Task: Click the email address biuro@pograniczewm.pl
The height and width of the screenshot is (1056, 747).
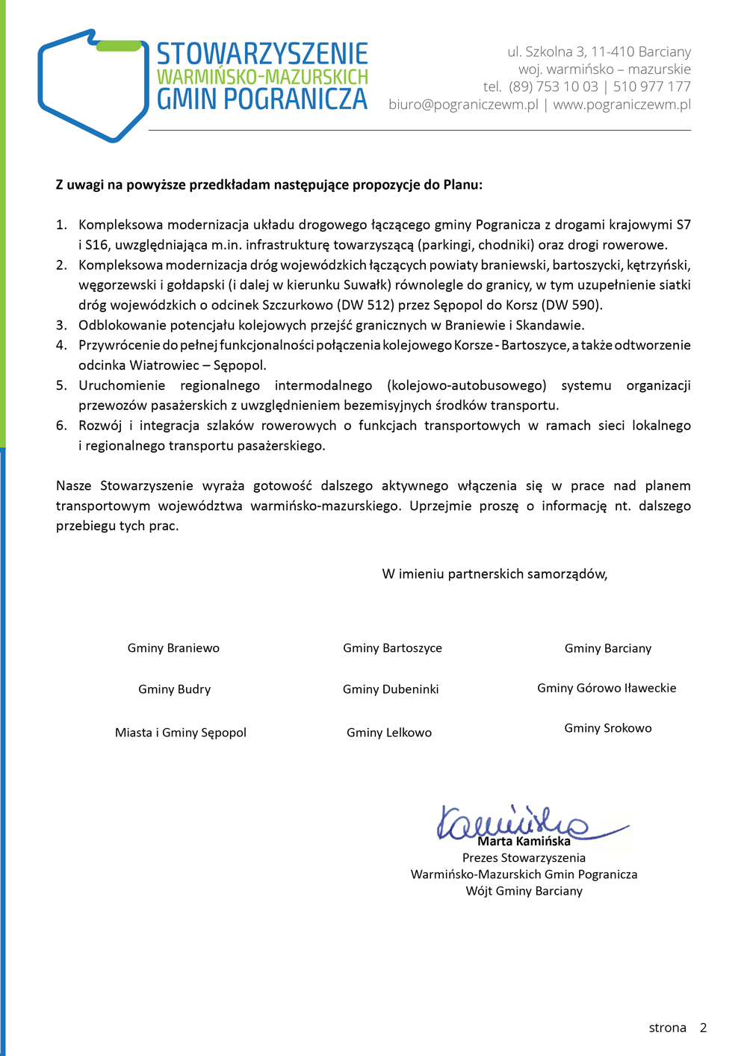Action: coord(463,105)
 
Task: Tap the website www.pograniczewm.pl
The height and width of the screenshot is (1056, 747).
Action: coord(622,105)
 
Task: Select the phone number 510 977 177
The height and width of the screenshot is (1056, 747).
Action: coord(652,87)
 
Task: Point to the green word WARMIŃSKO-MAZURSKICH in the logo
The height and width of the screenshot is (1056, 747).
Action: coord(262,77)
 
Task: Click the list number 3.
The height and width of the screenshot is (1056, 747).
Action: coord(61,325)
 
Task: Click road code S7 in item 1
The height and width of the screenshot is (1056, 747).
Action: coord(683,225)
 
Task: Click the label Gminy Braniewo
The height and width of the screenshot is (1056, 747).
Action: coord(173,648)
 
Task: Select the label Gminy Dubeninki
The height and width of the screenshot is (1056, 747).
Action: coord(391,689)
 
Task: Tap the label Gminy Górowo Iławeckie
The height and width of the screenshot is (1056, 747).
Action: coord(607,688)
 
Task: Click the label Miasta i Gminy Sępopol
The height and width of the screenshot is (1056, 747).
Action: coord(181,733)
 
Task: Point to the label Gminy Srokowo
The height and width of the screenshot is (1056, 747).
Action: coord(608,728)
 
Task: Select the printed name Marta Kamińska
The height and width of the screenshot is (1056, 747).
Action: coord(524,842)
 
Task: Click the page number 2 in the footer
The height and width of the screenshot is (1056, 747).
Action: coord(703,1028)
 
